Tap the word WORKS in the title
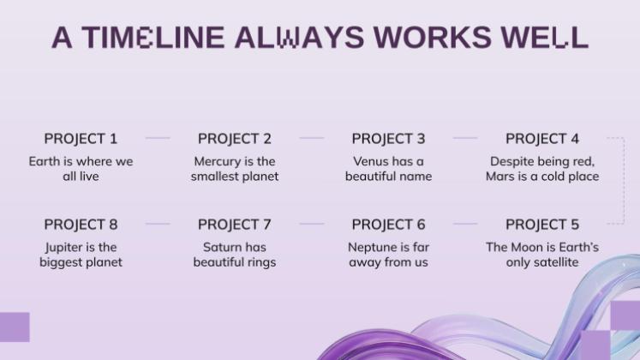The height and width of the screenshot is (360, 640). point(433,37)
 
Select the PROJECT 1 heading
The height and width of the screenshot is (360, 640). point(81,139)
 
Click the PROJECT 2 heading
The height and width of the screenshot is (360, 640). point(235,139)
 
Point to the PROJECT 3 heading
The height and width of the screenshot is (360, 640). point(389,139)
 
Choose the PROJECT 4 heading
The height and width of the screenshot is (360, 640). point(542,139)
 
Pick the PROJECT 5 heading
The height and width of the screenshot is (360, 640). point(542,225)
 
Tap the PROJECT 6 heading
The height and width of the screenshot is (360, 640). point(389,225)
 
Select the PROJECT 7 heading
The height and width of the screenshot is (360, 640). point(235,225)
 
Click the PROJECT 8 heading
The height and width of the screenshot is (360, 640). point(81,225)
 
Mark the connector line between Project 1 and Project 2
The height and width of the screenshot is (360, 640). point(158,138)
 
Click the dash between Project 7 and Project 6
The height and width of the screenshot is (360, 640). point(311,224)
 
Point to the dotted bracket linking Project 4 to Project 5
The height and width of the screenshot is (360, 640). point(624,181)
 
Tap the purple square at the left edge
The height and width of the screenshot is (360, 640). point(15,327)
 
